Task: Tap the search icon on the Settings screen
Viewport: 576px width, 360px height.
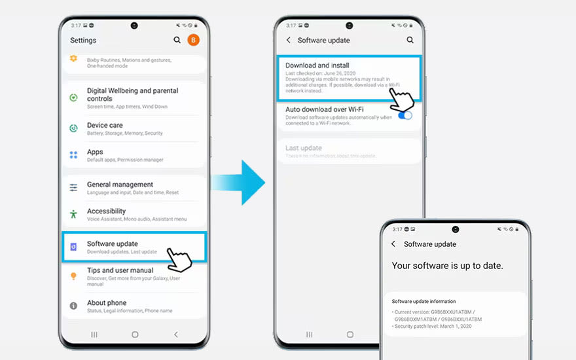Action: pos(177,40)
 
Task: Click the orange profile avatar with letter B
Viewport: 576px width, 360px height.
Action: pos(193,40)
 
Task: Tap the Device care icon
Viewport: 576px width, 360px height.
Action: pos(74,128)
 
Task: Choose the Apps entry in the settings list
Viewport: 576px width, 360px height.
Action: pos(95,152)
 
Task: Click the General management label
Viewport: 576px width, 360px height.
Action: pos(120,185)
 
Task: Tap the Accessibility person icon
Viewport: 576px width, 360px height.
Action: pos(74,214)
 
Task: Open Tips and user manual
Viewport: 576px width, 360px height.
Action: pos(120,270)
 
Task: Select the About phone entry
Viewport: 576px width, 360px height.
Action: pos(107,303)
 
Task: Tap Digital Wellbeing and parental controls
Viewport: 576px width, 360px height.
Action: pos(132,94)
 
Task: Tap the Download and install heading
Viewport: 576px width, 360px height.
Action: pos(317,65)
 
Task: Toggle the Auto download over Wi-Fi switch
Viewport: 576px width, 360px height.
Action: pos(405,115)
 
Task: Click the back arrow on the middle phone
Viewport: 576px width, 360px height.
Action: pos(289,40)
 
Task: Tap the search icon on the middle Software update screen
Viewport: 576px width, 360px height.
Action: pos(410,40)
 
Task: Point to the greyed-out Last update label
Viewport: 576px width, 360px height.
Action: pos(303,148)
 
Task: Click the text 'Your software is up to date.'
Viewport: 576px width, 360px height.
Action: pos(447,266)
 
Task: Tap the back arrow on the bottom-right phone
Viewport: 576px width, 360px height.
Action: pos(393,244)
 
